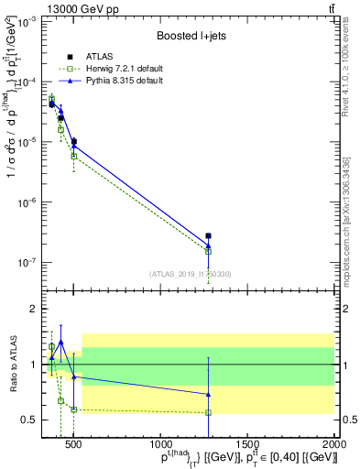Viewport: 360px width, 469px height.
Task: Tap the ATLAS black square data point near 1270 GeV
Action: pyautogui.click(x=209, y=236)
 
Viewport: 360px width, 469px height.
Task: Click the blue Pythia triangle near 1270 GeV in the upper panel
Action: pyautogui.click(x=209, y=245)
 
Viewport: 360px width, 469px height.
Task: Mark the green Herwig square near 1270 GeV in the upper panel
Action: pyautogui.click(x=209, y=252)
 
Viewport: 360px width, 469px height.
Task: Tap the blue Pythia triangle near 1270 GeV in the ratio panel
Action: pyautogui.click(x=209, y=394)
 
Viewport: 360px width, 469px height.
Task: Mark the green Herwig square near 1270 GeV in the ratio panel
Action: pyautogui.click(x=209, y=412)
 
